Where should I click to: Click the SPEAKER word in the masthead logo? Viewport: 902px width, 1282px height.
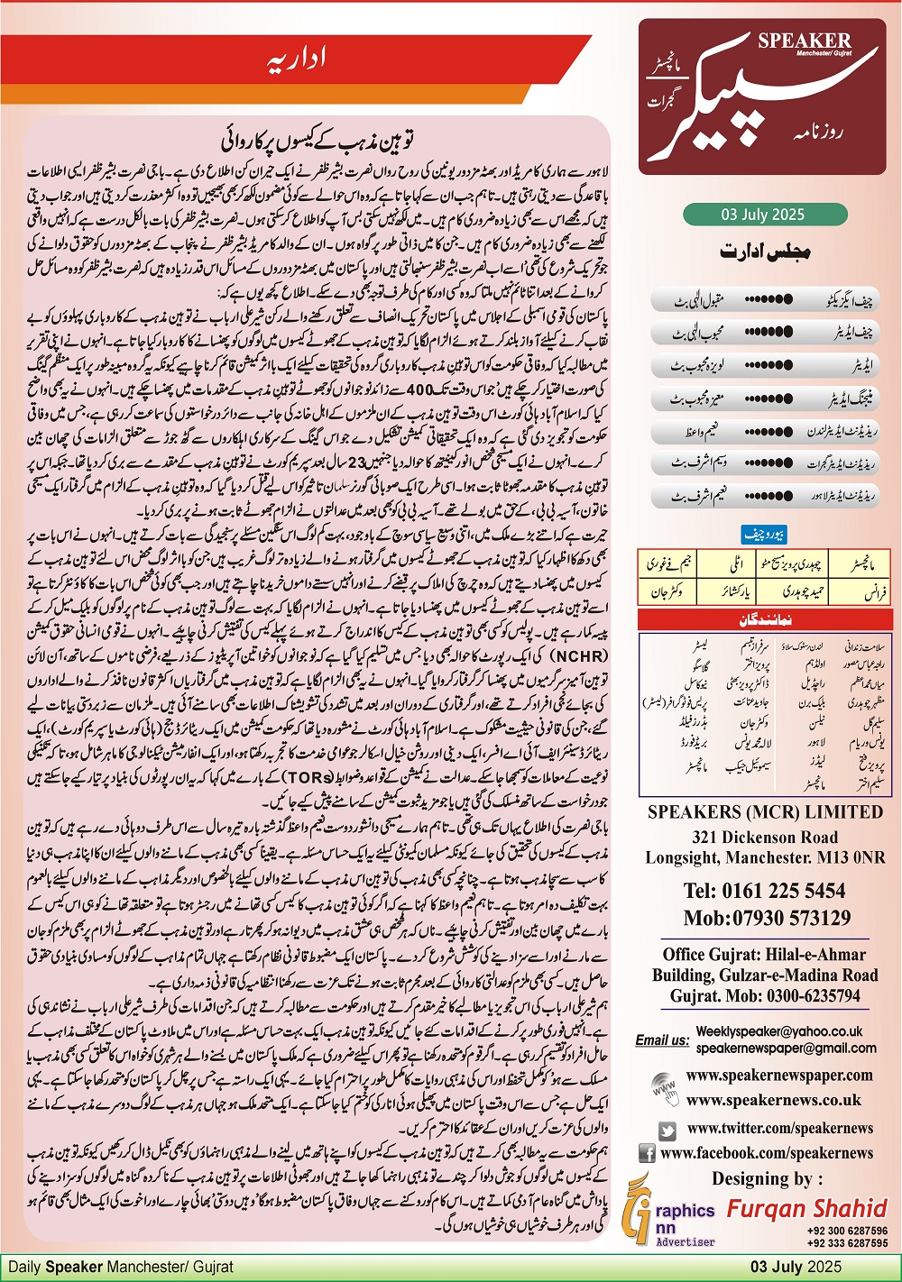click(x=805, y=41)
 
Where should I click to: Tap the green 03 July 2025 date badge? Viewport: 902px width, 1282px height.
click(x=763, y=215)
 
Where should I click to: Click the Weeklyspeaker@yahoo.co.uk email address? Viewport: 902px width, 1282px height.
click(x=778, y=1031)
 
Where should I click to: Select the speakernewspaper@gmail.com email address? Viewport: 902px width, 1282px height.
click(x=786, y=1048)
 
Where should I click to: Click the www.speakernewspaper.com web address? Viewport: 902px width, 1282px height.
click(x=779, y=1075)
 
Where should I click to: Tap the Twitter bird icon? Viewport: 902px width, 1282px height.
click(x=667, y=1130)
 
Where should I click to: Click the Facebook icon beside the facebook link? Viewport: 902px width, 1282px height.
click(x=647, y=1153)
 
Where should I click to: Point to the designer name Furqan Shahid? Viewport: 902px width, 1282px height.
click(x=807, y=1208)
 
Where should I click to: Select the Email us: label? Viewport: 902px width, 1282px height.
click(x=662, y=1039)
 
